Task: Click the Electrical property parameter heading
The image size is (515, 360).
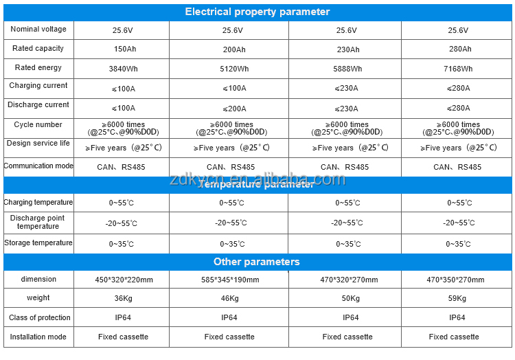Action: pyautogui.click(x=257, y=12)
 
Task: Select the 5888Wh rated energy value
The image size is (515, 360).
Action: pyautogui.click(x=347, y=69)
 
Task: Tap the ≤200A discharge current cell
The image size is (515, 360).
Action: pyautogui.click(x=234, y=108)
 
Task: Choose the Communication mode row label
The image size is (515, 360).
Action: pyautogui.click(x=38, y=166)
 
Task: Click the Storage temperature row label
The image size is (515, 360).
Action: pyautogui.click(x=38, y=243)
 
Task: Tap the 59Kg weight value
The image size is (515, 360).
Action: pyautogui.click(x=457, y=298)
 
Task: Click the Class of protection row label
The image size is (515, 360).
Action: pyautogui.click(x=39, y=317)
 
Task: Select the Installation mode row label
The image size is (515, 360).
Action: pyautogui.click(x=38, y=337)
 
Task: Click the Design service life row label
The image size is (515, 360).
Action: pyautogui.click(x=38, y=144)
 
